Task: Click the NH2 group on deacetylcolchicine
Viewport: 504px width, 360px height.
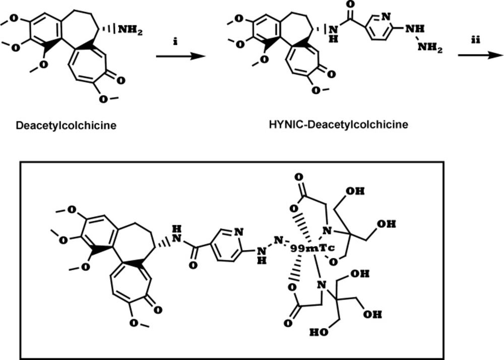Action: click(130, 30)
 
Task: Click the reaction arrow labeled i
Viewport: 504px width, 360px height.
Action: click(180, 56)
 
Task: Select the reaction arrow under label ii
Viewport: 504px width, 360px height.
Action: click(480, 55)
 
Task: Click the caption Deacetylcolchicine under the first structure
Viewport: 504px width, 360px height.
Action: click(66, 125)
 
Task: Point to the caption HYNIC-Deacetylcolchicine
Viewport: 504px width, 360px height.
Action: click(339, 124)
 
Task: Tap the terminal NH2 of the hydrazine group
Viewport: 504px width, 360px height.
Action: click(430, 48)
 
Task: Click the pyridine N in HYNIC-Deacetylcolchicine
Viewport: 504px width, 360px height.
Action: click(387, 16)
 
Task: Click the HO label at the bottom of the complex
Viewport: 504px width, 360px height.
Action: click(319, 332)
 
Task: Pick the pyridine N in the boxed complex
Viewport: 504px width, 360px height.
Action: click(239, 232)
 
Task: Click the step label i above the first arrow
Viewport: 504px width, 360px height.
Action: click(175, 41)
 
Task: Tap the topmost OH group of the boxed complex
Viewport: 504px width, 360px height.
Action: click(355, 191)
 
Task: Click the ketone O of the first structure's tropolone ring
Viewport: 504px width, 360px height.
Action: click(120, 80)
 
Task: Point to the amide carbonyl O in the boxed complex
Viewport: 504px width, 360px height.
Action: click(193, 266)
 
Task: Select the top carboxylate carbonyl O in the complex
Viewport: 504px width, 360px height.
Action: click(298, 177)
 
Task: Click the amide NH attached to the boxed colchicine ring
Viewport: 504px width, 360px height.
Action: click(177, 233)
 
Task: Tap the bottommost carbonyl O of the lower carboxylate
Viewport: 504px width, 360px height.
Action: click(288, 323)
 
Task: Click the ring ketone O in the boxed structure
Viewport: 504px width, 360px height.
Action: click(157, 310)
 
